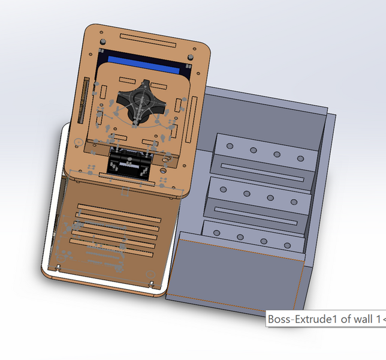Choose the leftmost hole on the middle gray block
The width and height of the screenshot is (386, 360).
click(223, 190)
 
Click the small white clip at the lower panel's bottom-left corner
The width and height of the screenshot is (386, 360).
click(59, 266)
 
